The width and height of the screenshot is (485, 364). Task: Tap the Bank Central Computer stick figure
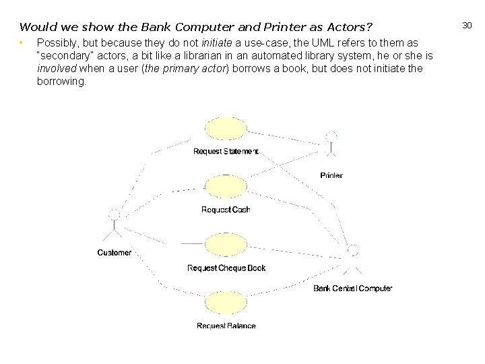352,260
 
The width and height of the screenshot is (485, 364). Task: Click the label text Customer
115,253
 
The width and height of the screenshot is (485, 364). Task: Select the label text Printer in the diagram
331,175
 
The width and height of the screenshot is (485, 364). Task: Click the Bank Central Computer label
352,289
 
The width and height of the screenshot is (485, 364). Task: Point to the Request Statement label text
226,152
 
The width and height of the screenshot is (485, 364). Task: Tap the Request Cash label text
226,210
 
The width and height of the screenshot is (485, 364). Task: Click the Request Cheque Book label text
226,268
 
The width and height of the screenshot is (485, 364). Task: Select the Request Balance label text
226,326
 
